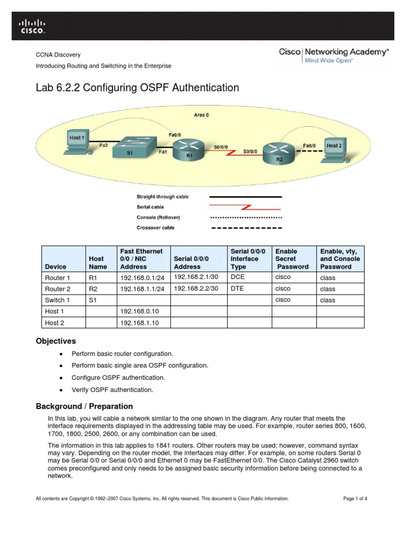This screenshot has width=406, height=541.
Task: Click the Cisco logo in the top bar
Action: [32, 26]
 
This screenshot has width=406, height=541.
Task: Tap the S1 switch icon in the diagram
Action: [136, 146]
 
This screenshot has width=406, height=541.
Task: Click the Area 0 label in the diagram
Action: [201, 115]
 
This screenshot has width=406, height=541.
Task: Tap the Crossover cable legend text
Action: [155, 228]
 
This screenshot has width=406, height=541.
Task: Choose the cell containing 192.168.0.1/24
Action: [142, 278]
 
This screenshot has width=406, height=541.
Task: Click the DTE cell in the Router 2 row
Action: [237, 288]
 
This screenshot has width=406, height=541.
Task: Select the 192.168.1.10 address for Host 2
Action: [139, 322]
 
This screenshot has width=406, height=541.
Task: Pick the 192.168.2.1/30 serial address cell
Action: [195, 277]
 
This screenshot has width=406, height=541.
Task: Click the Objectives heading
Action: [56, 341]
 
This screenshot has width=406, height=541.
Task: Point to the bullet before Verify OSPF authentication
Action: [62, 390]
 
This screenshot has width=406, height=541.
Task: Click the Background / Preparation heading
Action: [84, 406]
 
